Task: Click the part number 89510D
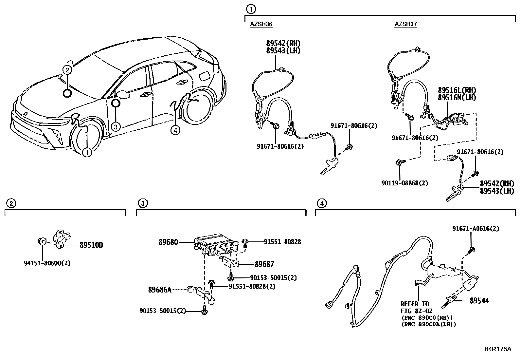point(91,245)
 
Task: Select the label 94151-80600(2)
point(47,263)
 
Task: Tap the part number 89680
point(169,242)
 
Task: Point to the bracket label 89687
point(264,264)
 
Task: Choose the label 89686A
point(160,290)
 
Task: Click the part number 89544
point(479,300)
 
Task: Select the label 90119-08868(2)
point(404,183)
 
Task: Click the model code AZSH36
point(261,24)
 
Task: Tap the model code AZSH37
point(406,24)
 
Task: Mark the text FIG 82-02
point(416,311)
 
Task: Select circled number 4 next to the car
point(175,130)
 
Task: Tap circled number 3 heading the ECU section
point(142,203)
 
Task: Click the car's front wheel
point(84,138)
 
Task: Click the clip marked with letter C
point(42,241)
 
